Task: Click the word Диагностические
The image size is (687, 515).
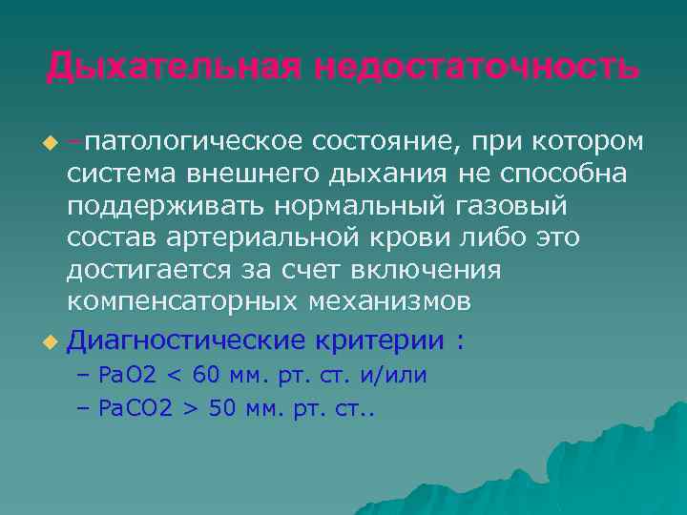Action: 186,340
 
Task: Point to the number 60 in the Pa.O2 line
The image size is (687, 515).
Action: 209,376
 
